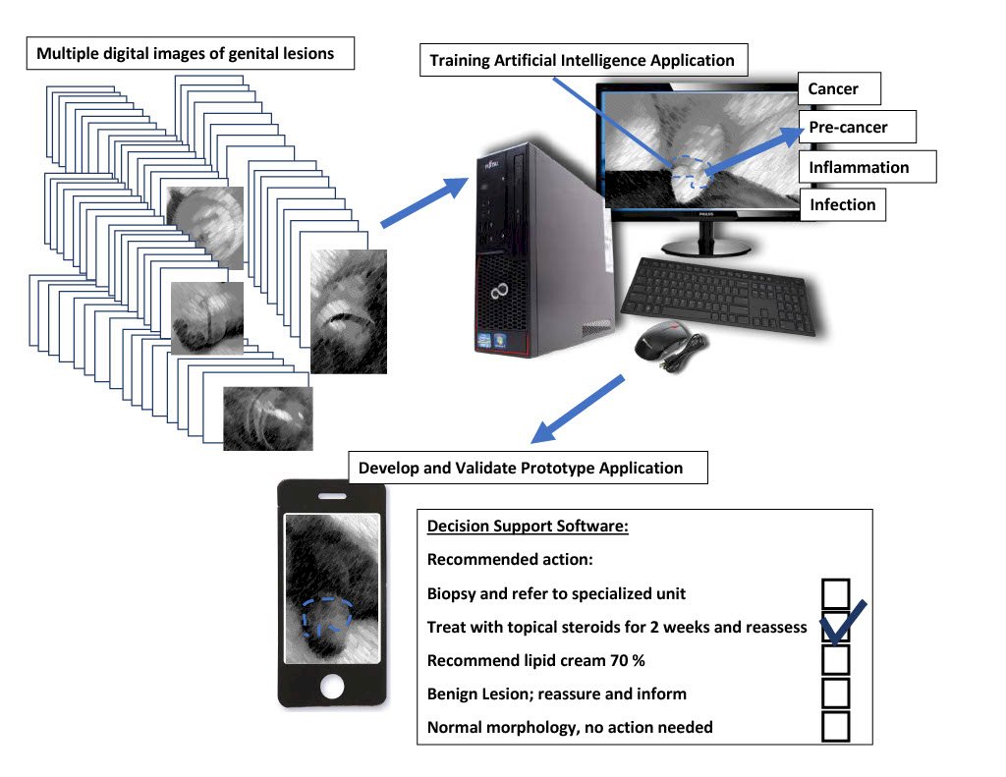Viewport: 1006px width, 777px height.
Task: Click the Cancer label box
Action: tap(839, 88)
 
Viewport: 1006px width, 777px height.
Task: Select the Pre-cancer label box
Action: tap(857, 127)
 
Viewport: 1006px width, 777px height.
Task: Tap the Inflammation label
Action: tap(867, 167)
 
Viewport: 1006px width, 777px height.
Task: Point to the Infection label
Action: tap(842, 204)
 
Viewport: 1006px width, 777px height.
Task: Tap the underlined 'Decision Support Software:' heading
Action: tap(528, 527)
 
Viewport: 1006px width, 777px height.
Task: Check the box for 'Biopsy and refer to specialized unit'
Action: tap(835, 593)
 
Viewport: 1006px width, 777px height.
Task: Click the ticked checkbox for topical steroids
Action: tap(835, 627)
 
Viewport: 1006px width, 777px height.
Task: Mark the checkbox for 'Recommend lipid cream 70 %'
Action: tap(835, 660)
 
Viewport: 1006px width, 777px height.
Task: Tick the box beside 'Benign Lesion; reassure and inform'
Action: tap(835, 694)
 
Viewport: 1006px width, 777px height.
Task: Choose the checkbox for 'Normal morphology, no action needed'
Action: tap(835, 726)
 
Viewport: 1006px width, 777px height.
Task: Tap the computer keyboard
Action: tap(718, 296)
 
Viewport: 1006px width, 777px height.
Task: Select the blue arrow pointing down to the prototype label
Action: tap(578, 410)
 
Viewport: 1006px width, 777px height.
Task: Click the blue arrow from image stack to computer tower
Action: tap(424, 201)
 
